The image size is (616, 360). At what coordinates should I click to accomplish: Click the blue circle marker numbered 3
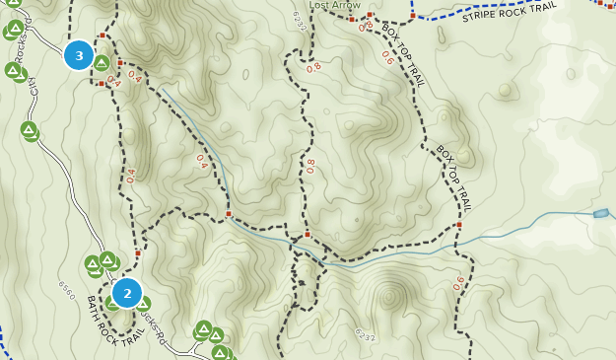click(x=79, y=55)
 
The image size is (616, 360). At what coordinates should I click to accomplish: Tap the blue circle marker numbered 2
click(x=127, y=293)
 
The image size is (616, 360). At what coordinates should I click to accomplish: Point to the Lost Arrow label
click(x=335, y=5)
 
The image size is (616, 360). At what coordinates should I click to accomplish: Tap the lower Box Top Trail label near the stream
click(x=454, y=179)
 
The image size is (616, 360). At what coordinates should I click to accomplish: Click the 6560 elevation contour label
click(x=66, y=289)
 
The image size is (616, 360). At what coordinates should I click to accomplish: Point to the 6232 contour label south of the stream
click(x=364, y=336)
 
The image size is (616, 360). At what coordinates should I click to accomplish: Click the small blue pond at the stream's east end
click(x=601, y=213)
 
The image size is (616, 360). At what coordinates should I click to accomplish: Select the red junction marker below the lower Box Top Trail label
click(x=459, y=225)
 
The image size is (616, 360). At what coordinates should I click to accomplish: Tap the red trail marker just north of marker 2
click(x=138, y=253)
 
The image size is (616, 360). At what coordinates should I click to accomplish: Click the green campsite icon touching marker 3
click(x=101, y=63)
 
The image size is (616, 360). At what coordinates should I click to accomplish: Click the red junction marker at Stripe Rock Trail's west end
click(x=412, y=16)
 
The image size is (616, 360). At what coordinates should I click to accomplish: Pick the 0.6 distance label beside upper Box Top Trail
click(x=387, y=60)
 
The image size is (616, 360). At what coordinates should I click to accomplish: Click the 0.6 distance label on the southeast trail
click(x=458, y=283)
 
